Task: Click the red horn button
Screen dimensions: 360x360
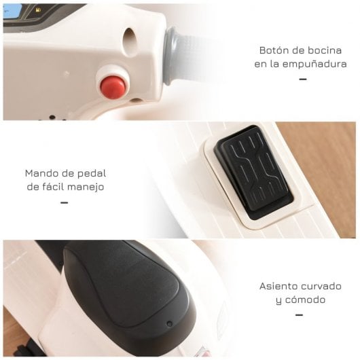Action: coord(113,86)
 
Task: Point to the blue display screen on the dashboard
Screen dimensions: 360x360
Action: coord(13,11)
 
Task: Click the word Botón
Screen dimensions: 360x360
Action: coord(274,51)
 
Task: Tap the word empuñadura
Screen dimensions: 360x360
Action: coord(310,64)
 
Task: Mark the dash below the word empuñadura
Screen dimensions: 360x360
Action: coord(302,79)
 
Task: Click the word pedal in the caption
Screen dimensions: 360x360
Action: coord(91,173)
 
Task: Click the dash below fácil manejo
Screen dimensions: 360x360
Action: coord(65,202)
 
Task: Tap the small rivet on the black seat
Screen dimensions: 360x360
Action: coord(170,323)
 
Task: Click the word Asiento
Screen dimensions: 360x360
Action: coord(278,286)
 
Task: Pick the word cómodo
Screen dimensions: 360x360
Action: coord(306,299)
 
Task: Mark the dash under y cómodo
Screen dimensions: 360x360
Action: coord(300,314)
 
